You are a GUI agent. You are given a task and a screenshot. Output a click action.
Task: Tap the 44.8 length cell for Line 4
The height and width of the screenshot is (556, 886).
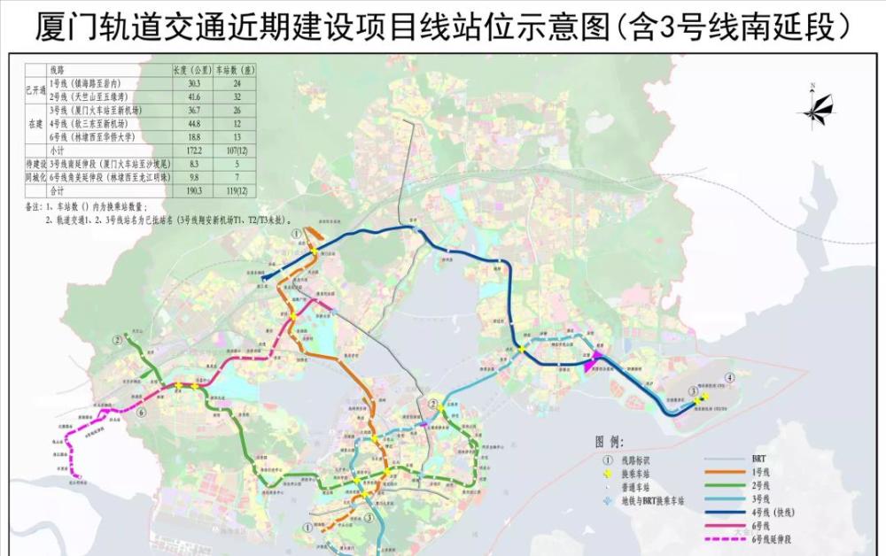(183, 124)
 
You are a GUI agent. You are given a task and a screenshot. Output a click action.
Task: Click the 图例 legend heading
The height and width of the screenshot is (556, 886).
(610, 440)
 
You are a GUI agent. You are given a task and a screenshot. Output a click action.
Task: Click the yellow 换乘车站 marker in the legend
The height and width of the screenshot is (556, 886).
(608, 473)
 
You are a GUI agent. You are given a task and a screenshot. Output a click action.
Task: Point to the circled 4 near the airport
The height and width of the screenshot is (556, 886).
(729, 377)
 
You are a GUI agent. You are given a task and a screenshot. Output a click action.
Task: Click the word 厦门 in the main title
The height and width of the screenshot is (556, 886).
(62, 27)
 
